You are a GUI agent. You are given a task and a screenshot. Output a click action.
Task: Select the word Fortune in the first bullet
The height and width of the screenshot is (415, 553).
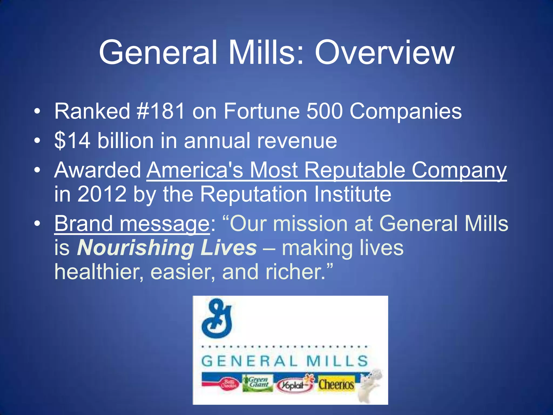click(261, 111)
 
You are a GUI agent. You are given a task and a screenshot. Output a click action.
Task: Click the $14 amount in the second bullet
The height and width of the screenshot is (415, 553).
click(72, 140)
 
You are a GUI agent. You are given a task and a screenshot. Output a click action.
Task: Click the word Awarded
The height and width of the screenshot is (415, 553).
click(97, 170)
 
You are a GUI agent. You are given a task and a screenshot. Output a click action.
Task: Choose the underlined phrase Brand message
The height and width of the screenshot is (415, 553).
click(132, 224)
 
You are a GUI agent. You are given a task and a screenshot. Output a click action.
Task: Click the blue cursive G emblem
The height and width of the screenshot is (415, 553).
click(217, 318)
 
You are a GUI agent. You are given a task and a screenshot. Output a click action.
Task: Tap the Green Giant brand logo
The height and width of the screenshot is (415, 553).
click(257, 382)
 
